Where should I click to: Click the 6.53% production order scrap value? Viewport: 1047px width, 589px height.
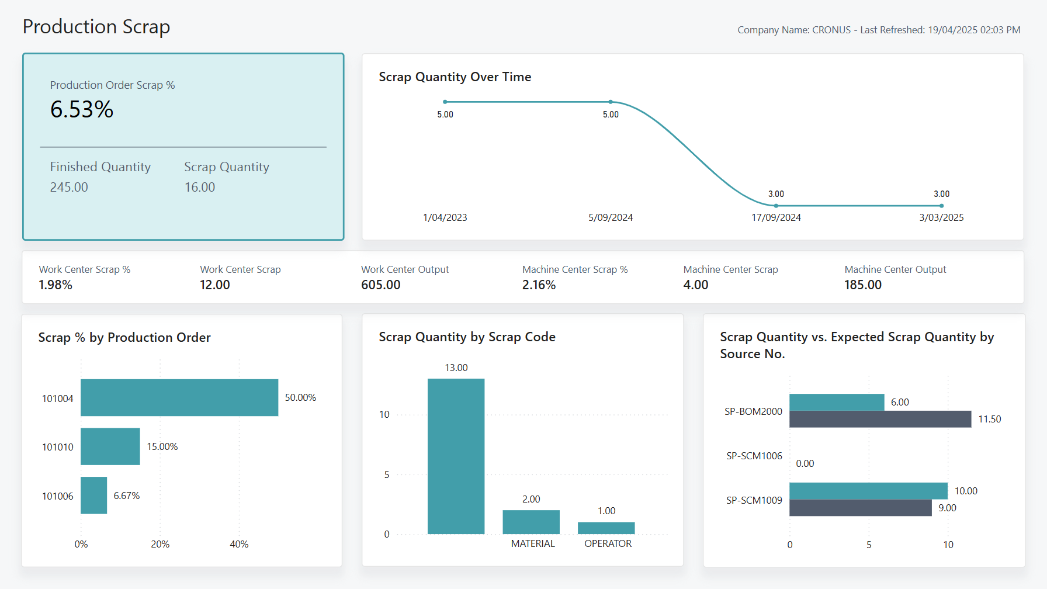tap(82, 110)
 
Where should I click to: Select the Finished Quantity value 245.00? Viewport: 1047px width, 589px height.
tap(69, 187)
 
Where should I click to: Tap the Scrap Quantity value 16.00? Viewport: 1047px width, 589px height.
tap(200, 187)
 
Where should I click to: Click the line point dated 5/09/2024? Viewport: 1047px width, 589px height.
tap(611, 102)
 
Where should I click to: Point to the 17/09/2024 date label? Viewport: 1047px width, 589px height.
tap(776, 217)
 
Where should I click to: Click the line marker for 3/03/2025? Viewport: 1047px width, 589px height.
tap(941, 206)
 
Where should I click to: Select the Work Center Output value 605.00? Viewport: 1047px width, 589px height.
tap(381, 285)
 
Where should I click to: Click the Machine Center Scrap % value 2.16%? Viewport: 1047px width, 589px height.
tap(539, 285)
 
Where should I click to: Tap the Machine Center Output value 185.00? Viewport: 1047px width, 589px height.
tap(863, 285)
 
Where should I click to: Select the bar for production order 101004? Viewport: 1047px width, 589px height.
tap(179, 397)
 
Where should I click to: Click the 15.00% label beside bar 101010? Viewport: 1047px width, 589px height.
tap(162, 446)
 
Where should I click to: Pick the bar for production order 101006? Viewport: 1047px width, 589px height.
tap(93, 496)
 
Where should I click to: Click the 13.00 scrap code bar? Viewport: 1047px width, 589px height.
tap(456, 456)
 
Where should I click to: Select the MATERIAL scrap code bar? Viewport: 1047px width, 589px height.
tap(531, 522)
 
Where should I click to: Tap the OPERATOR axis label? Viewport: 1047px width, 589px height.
tap(608, 543)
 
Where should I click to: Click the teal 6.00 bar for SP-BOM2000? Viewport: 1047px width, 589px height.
tap(837, 402)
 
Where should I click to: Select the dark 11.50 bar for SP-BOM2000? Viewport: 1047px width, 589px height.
tap(880, 419)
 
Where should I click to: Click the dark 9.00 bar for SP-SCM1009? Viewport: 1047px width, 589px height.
tap(860, 508)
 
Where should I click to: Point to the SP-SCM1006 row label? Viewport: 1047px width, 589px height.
tap(754, 456)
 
